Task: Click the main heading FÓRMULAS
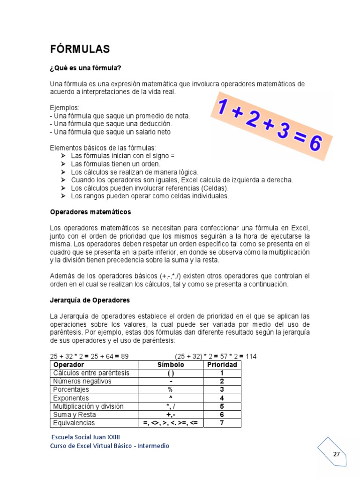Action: (x=80, y=49)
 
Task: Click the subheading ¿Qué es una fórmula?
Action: (x=85, y=68)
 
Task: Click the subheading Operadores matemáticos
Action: (x=90, y=212)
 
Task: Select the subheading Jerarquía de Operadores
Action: (x=90, y=300)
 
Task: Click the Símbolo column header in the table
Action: (x=171, y=365)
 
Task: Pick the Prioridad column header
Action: (x=222, y=365)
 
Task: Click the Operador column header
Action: (x=69, y=365)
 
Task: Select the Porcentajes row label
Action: (x=71, y=390)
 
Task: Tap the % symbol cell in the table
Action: (x=171, y=390)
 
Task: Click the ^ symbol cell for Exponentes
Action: (x=171, y=398)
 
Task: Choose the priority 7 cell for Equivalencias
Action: (x=222, y=423)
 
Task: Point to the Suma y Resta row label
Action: (x=75, y=414)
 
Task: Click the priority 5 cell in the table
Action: (x=222, y=406)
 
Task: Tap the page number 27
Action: (x=337, y=454)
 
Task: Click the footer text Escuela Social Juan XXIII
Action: (x=82, y=436)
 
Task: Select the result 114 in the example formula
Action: (x=251, y=356)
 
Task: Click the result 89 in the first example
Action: (x=124, y=356)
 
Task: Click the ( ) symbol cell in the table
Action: (x=171, y=373)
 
